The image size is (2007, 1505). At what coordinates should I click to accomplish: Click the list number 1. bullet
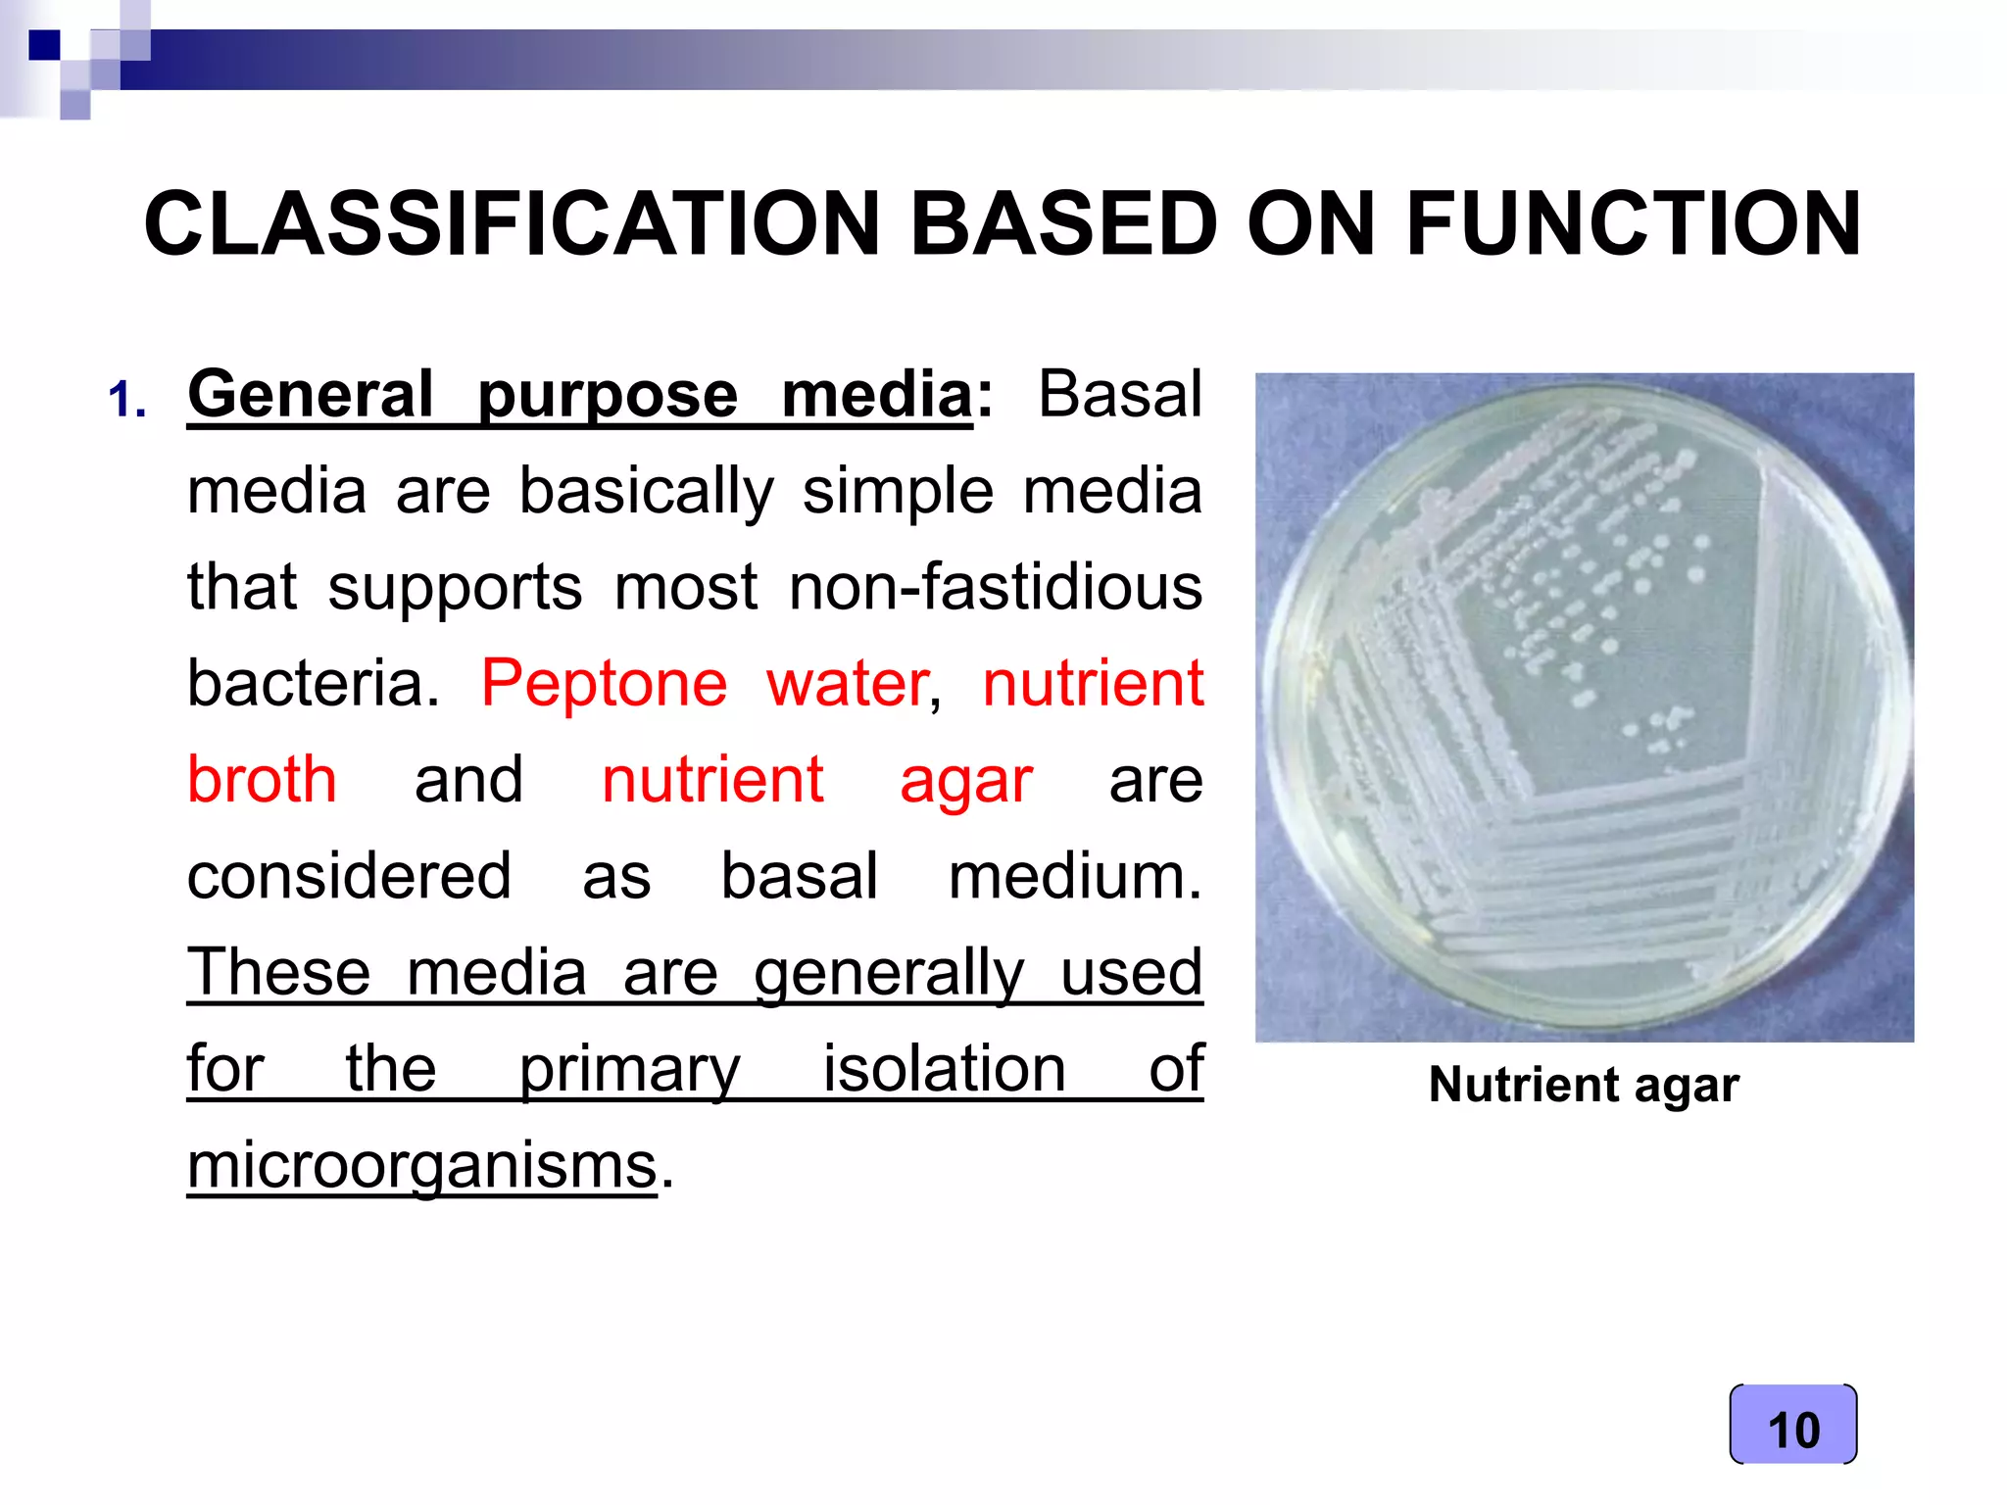coord(127,401)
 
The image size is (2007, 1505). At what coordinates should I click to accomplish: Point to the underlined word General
coord(310,395)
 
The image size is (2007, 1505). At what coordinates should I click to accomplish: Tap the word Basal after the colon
coord(1119,395)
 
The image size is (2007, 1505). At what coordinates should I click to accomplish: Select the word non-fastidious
coord(995,587)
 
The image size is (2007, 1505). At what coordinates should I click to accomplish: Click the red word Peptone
coord(604,684)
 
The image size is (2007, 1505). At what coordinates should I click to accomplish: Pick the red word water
coord(847,684)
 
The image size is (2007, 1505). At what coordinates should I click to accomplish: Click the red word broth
coord(262,780)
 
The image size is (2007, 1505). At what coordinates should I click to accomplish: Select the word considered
coord(349,876)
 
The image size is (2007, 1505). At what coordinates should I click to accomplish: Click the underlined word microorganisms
coord(421,1166)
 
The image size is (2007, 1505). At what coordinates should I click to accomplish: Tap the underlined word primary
coord(629,1070)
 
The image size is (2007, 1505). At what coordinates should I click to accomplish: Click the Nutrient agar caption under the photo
coord(1583,1086)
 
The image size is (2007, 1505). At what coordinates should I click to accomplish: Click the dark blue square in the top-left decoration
coord(44,45)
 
